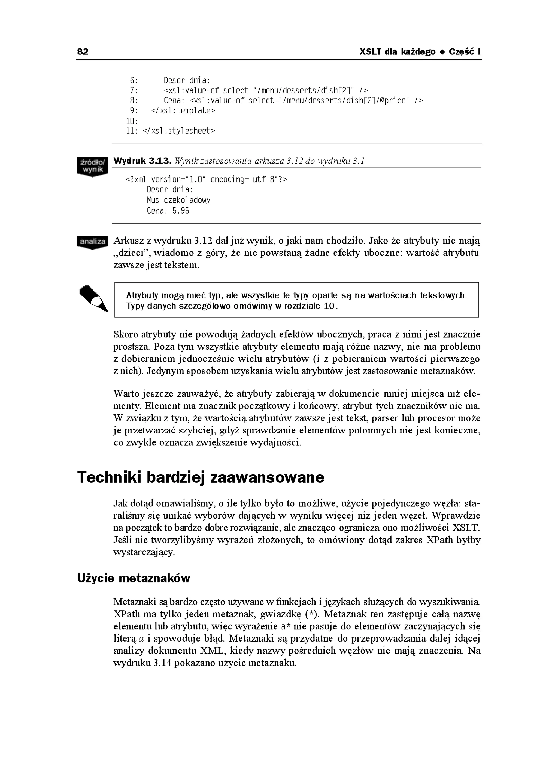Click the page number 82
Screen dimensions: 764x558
(83, 52)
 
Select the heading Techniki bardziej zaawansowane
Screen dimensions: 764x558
(201, 477)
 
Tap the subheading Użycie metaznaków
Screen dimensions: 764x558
(134, 578)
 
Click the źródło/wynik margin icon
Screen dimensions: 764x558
(93, 166)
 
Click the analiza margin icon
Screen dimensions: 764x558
(93, 242)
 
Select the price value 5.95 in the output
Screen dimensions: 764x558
(181, 211)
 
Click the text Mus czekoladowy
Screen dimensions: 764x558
(178, 200)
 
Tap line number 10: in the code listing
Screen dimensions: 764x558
(132, 121)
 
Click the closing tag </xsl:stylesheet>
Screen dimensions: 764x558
(179, 131)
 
